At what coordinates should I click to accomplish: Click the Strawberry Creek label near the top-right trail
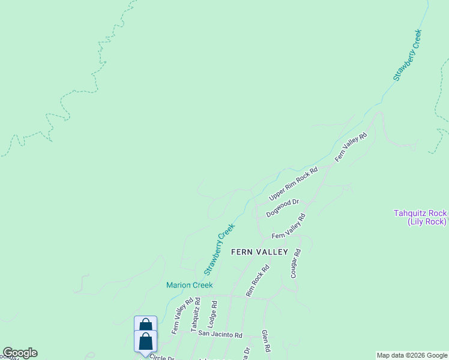408,55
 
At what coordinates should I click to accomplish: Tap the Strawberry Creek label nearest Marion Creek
219,249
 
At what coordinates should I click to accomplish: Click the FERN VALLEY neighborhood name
259,252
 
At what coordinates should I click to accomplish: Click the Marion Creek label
189,285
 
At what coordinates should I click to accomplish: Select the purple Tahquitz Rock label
420,217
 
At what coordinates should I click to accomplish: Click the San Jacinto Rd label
220,335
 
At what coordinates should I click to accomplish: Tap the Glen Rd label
266,340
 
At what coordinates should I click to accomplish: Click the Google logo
20,353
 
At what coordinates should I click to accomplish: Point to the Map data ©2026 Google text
412,355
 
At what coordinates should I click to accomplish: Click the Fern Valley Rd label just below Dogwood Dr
289,227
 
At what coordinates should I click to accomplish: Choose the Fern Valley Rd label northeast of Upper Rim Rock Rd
351,147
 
